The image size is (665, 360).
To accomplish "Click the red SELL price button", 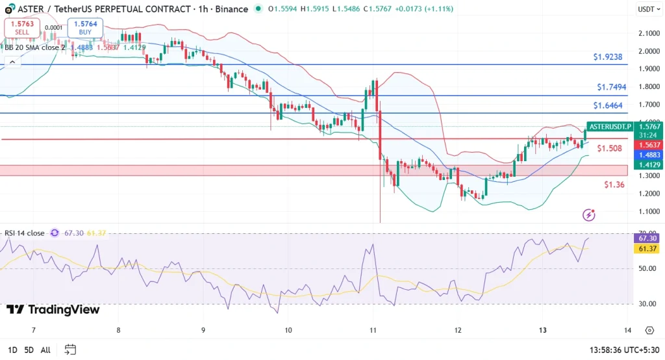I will tap(23, 27).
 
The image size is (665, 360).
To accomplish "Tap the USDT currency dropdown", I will tap(646, 9).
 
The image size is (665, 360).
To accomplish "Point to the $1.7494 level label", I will tap(611, 87).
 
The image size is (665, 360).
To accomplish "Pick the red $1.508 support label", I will tap(609, 148).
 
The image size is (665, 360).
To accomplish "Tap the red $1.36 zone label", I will tap(614, 185).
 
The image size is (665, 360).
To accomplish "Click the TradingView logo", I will tap(53, 310).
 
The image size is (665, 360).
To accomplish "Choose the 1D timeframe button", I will tap(12, 350).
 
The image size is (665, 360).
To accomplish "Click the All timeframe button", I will tap(45, 350).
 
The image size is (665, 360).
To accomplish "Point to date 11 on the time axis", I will tap(373, 330).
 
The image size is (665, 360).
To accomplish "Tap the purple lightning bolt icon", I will tap(589, 214).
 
